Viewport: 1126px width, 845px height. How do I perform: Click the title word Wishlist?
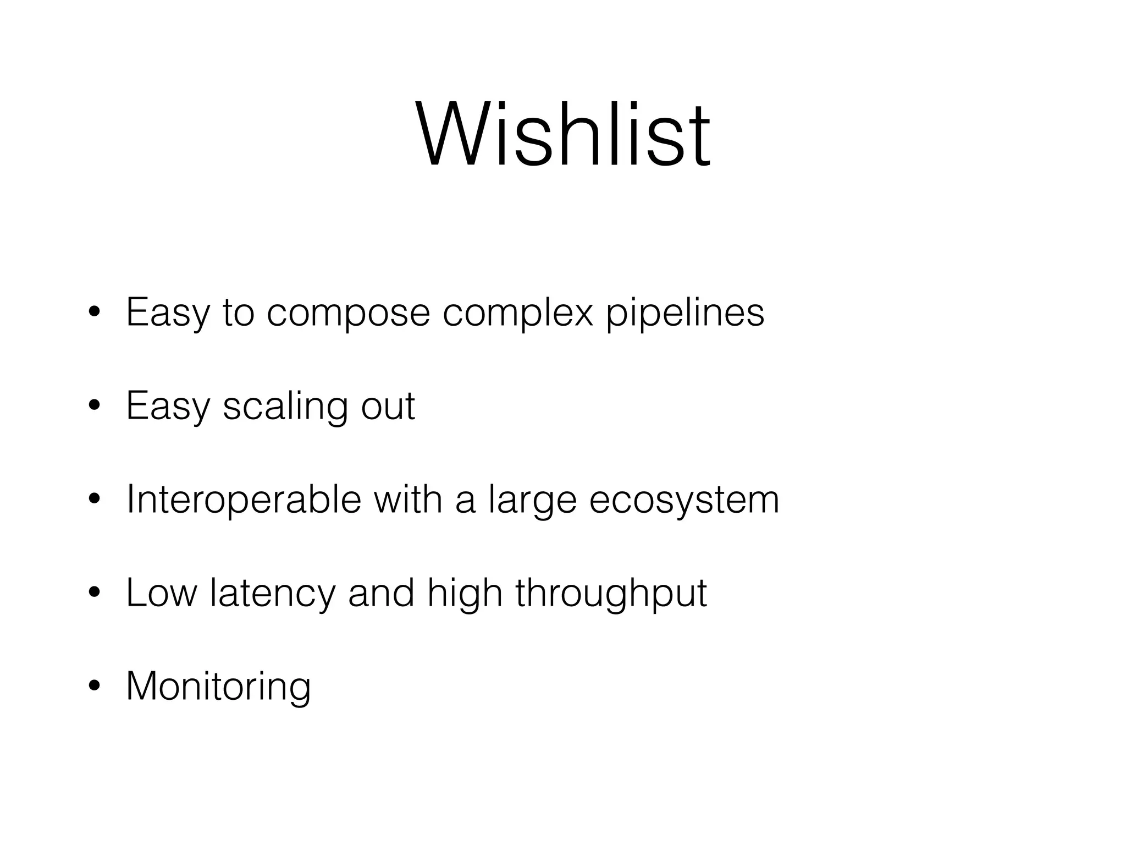(563, 134)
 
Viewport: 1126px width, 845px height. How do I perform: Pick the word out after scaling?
(388, 406)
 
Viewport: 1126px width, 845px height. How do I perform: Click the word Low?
(161, 593)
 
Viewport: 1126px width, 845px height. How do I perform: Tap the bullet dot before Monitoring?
(95, 685)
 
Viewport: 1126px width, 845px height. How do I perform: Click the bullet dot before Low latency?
(95, 592)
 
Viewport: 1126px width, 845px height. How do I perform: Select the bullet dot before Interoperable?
(95, 499)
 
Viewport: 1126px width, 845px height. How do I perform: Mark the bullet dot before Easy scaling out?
(95, 405)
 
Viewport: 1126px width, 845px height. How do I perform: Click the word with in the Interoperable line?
(408, 499)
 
